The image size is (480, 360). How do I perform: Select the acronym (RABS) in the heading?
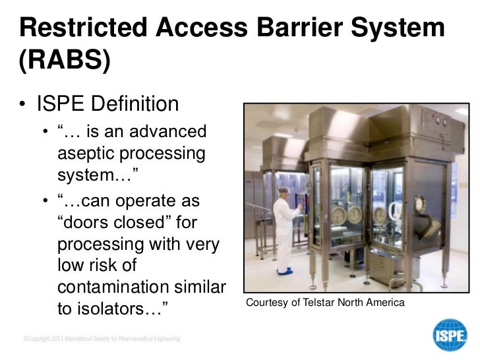click(x=63, y=62)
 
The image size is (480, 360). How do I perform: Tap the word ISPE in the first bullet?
click(x=62, y=104)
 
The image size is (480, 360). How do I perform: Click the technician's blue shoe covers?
click(x=285, y=271)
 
